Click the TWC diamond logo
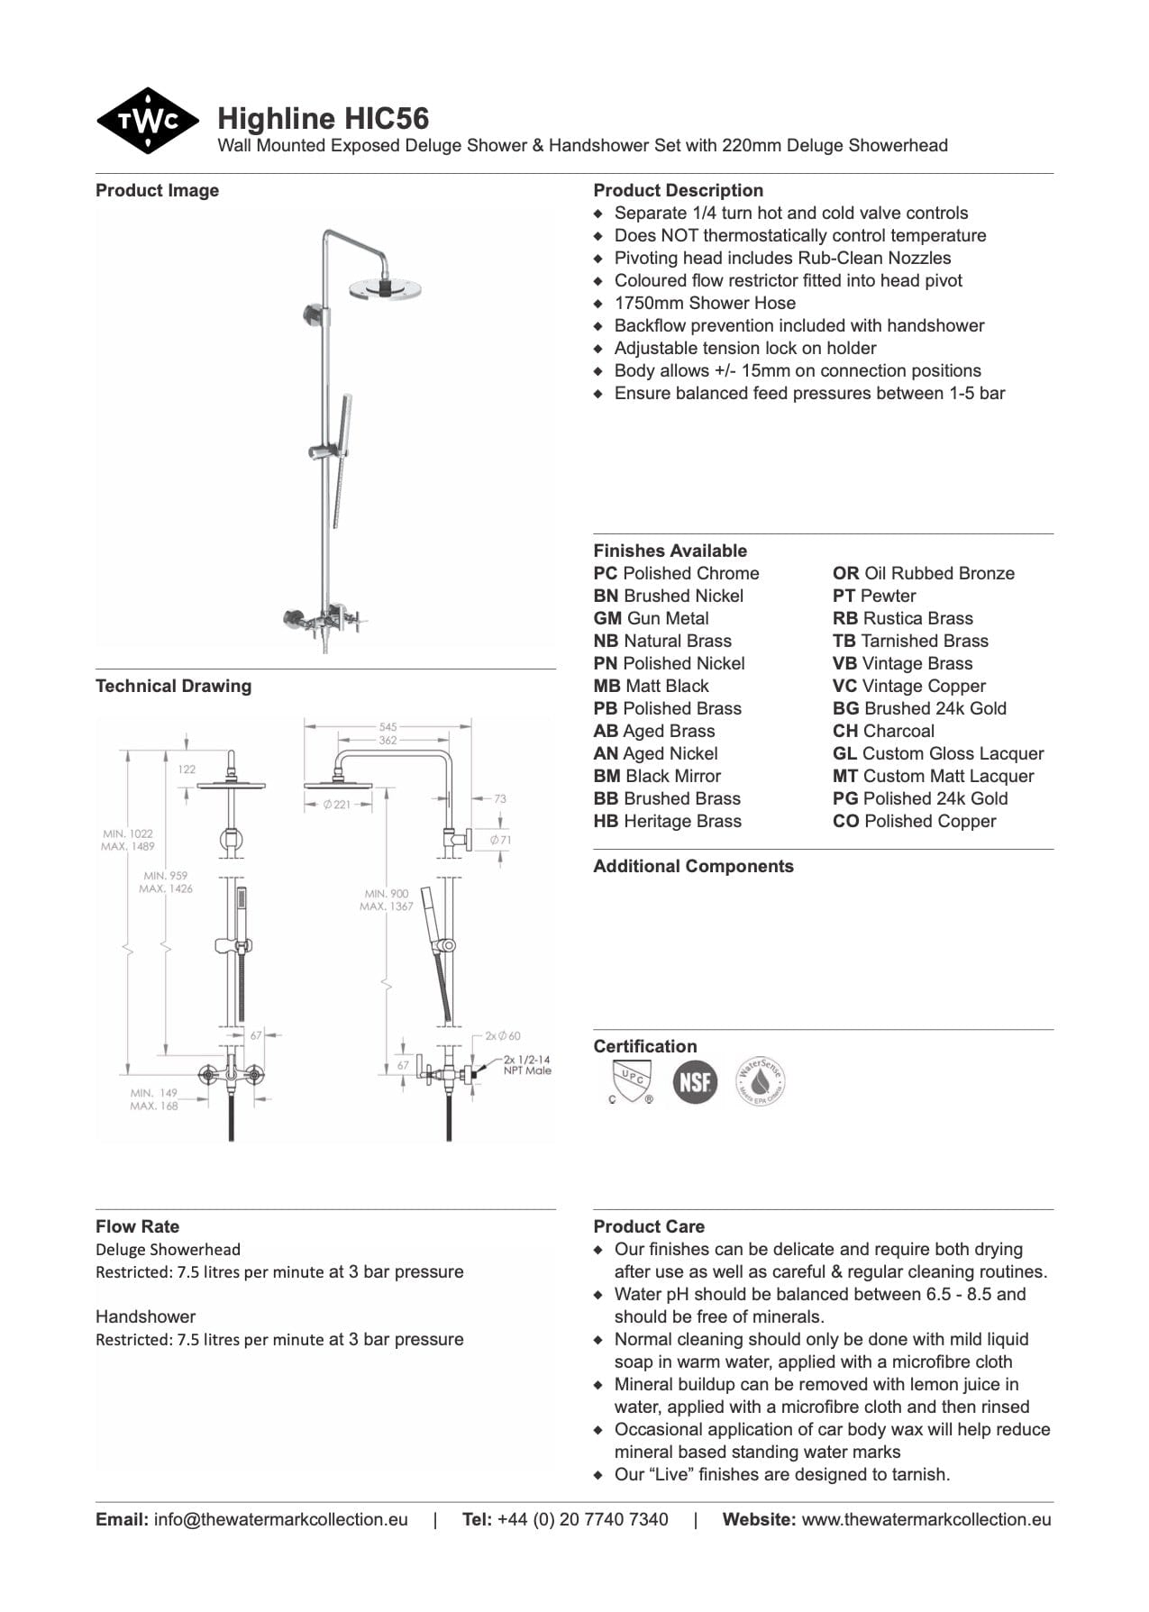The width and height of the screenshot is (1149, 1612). pos(147,121)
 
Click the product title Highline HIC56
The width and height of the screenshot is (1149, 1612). pos(323,118)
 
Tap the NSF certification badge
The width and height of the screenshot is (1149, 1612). pos(695,1081)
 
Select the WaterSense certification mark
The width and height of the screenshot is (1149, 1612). pos(760,1081)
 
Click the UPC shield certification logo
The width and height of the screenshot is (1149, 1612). pos(631,1081)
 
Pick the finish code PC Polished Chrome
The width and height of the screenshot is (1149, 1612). pos(676,573)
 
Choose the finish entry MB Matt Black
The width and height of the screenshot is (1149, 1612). pos(651,686)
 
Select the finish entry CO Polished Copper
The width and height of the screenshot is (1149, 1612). pos(914,821)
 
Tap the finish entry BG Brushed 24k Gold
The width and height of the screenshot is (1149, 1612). pos(919,708)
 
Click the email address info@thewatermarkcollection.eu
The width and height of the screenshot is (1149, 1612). pos(280,1519)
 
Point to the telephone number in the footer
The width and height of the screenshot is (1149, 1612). pos(582,1519)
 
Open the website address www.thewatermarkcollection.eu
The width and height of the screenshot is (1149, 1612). pos(926,1519)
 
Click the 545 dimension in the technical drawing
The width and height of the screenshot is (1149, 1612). pos(388,726)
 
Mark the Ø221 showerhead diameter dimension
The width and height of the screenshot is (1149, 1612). pos(337,805)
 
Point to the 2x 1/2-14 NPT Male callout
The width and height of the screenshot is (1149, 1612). pos(527,1065)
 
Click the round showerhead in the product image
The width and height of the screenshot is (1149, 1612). pos(385,287)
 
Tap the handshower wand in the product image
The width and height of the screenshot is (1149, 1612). pos(342,460)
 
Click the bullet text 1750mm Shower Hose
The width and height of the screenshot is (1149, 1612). pos(705,303)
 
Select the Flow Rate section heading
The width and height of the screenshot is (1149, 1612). pos(137,1226)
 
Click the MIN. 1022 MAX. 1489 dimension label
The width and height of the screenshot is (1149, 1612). pos(128,840)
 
